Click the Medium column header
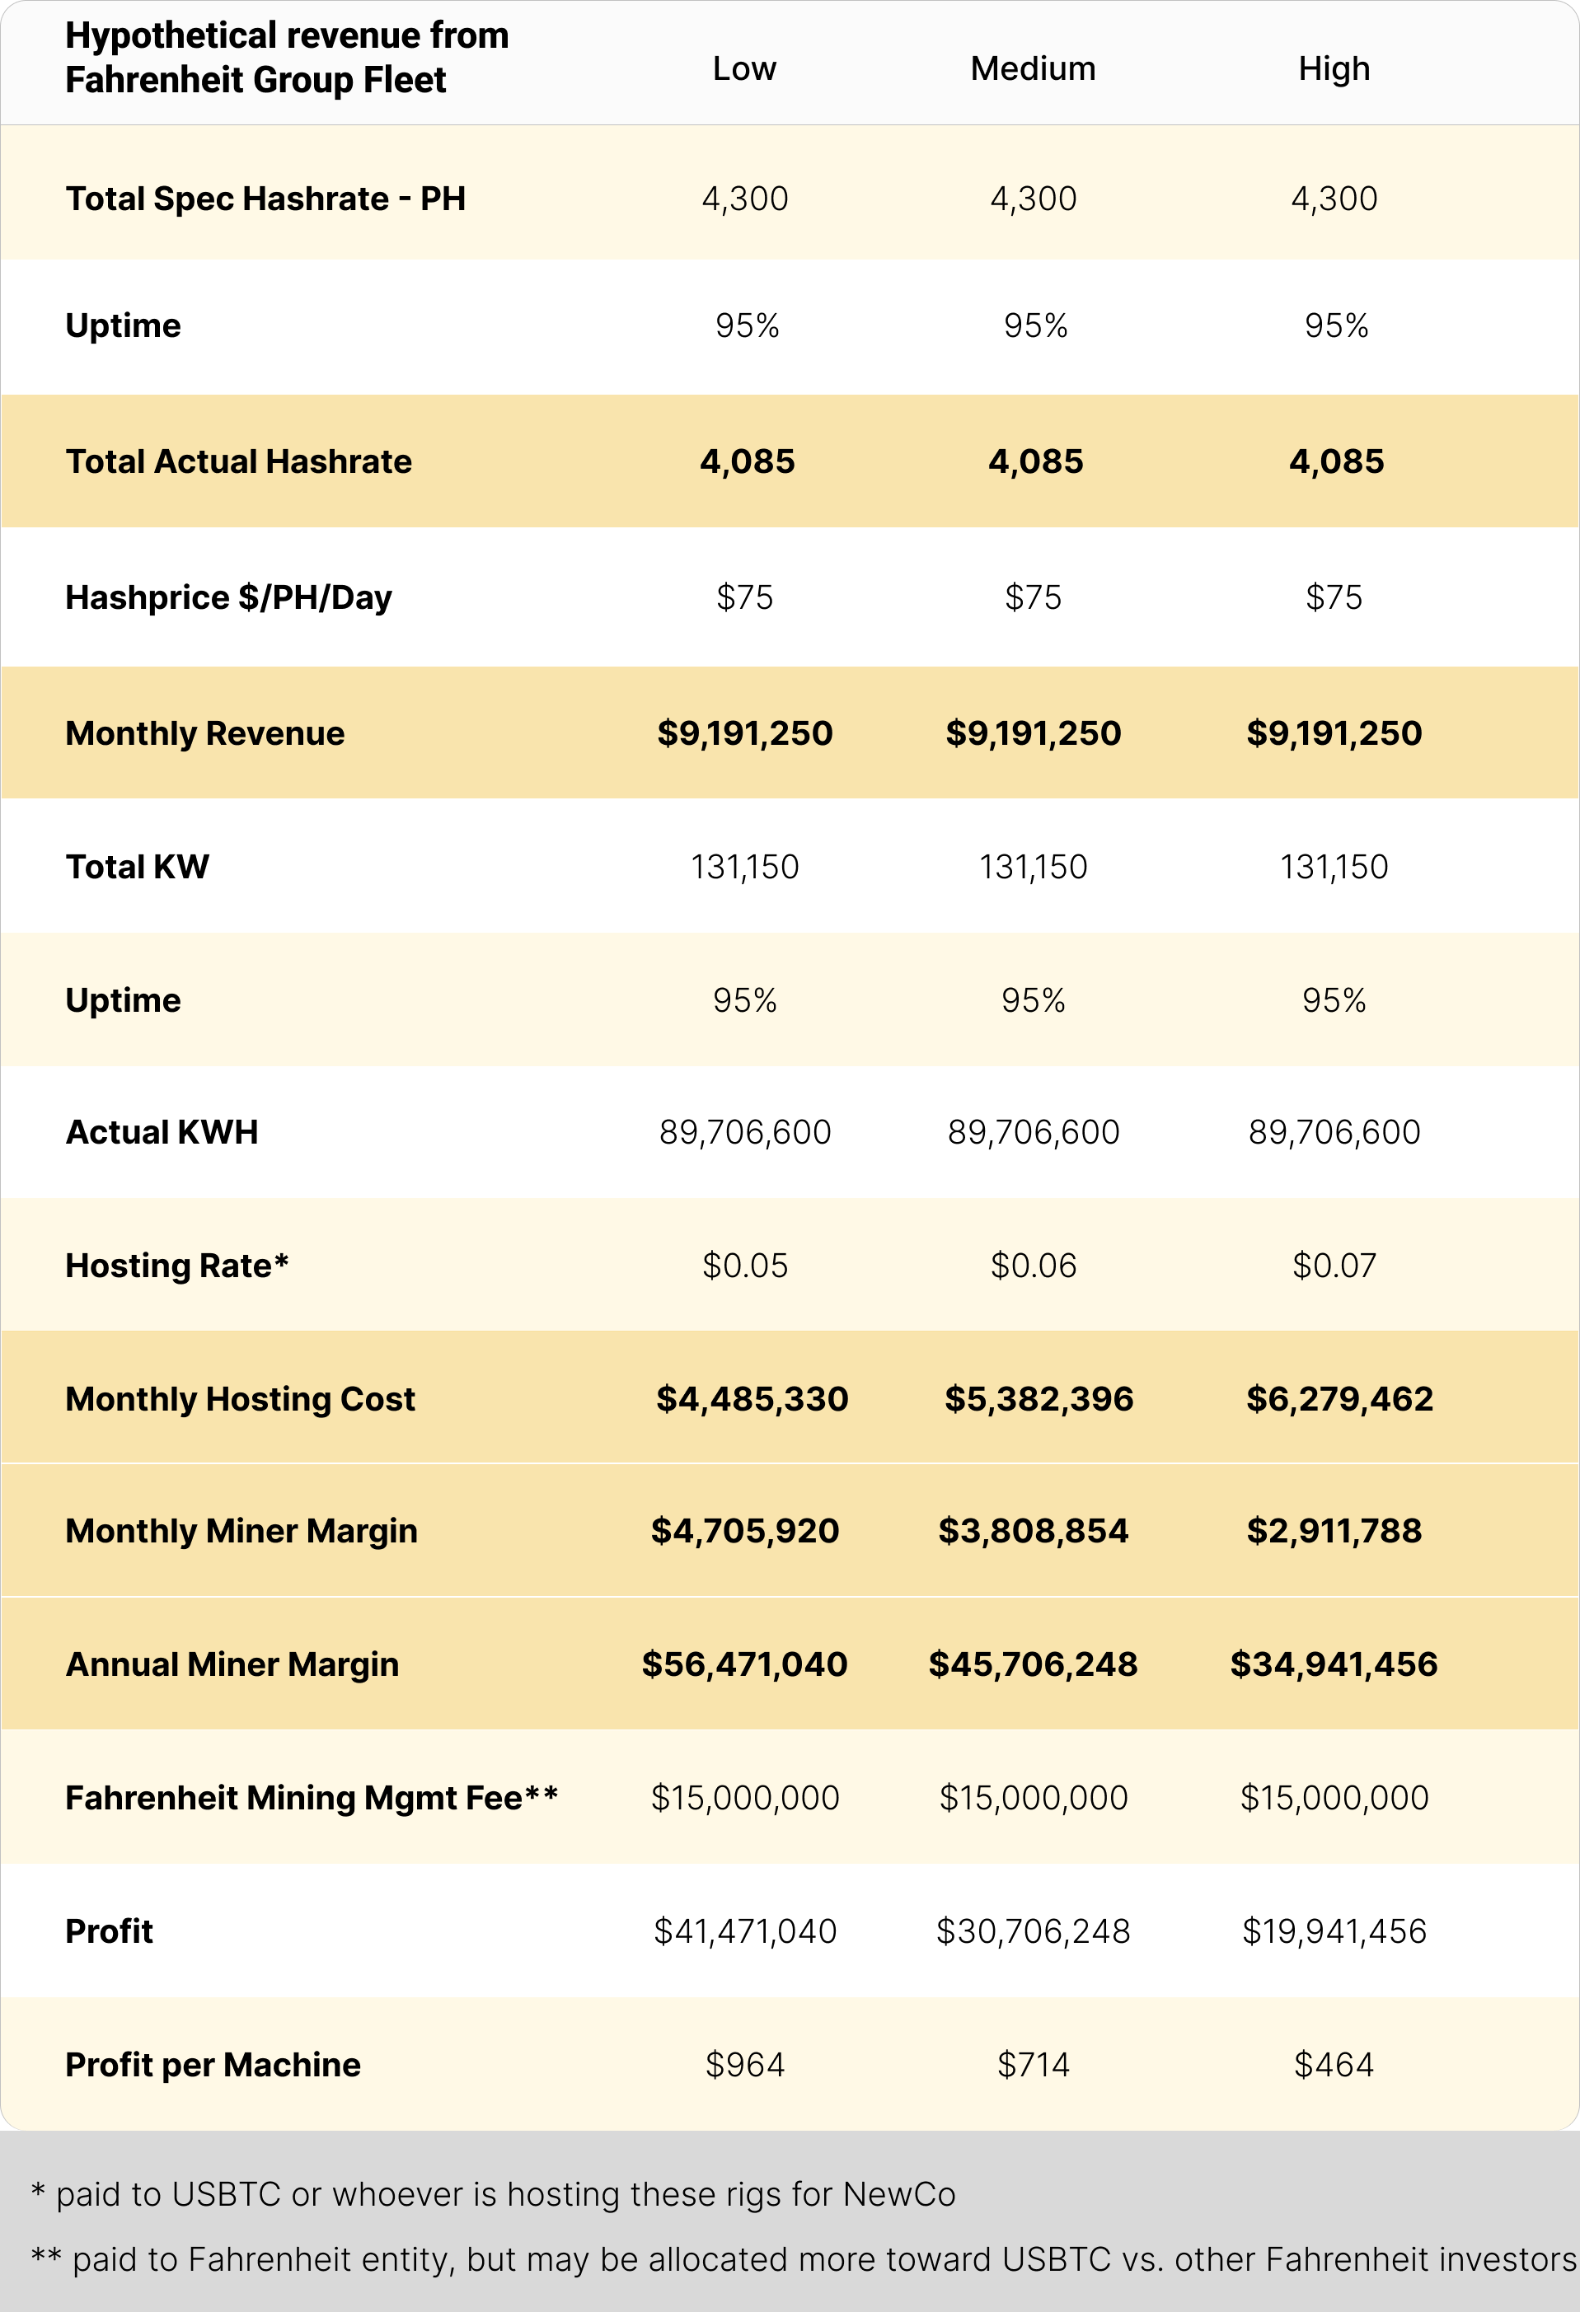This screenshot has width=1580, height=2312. click(x=1033, y=68)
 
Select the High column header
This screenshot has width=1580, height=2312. click(x=1334, y=68)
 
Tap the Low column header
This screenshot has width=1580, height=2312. click(x=744, y=68)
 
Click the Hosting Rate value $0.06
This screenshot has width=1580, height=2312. click(x=1033, y=1266)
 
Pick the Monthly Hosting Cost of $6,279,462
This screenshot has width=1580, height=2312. click(x=1339, y=1399)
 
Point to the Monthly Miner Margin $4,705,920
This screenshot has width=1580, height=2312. click(x=745, y=1530)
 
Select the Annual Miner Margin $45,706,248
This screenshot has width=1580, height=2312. click(x=1033, y=1664)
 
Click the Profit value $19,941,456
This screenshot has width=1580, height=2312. click(x=1334, y=1931)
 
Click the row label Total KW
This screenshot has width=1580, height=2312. click(x=138, y=867)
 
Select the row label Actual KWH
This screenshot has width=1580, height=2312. click(x=162, y=1132)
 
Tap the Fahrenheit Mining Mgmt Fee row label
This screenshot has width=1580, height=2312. click(x=312, y=1798)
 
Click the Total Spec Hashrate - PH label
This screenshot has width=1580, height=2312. click(x=265, y=199)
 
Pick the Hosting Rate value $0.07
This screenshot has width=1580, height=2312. click(x=1334, y=1266)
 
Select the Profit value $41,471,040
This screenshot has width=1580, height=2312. click(x=745, y=1931)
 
